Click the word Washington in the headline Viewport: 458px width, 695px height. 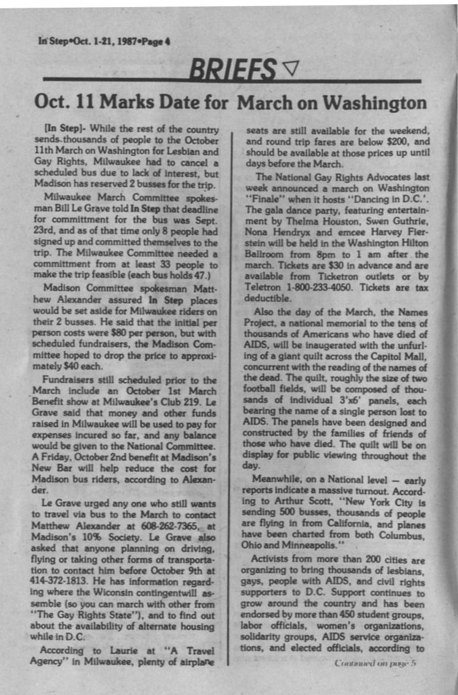pos(370,103)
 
